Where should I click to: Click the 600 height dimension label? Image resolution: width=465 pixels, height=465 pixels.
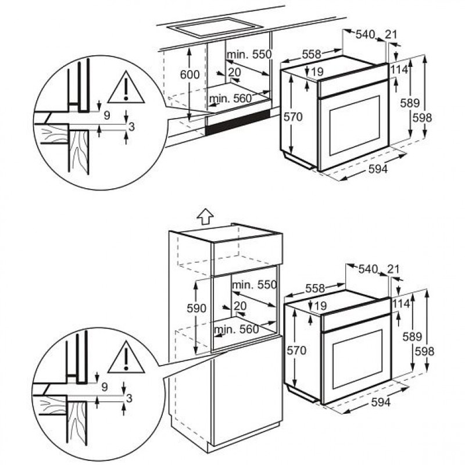coord(190,74)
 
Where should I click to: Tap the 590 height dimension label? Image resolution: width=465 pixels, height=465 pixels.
coord(196,308)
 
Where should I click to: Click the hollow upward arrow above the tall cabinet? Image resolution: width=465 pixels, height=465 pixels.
coord(205,216)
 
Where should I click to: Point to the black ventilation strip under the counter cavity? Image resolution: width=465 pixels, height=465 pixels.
coord(238,122)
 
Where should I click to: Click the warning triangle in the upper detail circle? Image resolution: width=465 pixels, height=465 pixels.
coord(126,88)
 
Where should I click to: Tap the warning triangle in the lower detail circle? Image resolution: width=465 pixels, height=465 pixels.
coord(126,357)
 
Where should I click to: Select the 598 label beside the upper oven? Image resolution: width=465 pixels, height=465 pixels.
coord(423,118)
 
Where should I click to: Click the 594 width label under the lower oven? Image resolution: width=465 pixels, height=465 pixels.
coord(381,402)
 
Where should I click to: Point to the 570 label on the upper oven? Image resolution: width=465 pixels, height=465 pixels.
coord(293,117)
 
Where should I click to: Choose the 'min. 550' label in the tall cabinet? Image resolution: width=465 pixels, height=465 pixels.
coord(254,285)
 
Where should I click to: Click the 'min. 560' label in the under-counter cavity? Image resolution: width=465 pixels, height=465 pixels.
coord(230,98)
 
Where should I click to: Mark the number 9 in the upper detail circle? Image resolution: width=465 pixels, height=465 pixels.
coord(107,115)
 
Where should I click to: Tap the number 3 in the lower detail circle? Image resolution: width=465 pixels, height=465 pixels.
coord(129,398)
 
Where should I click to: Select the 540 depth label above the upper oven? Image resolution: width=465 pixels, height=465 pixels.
coord(366,34)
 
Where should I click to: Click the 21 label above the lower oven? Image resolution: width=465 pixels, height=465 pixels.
coord(394,269)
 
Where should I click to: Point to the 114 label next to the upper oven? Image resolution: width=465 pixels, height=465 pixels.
coord(399,70)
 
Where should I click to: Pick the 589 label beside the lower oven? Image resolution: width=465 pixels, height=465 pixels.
coord(412,337)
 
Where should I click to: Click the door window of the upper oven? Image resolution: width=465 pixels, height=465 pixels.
coord(355,126)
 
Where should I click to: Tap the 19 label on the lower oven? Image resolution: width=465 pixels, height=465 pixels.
coord(321,306)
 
